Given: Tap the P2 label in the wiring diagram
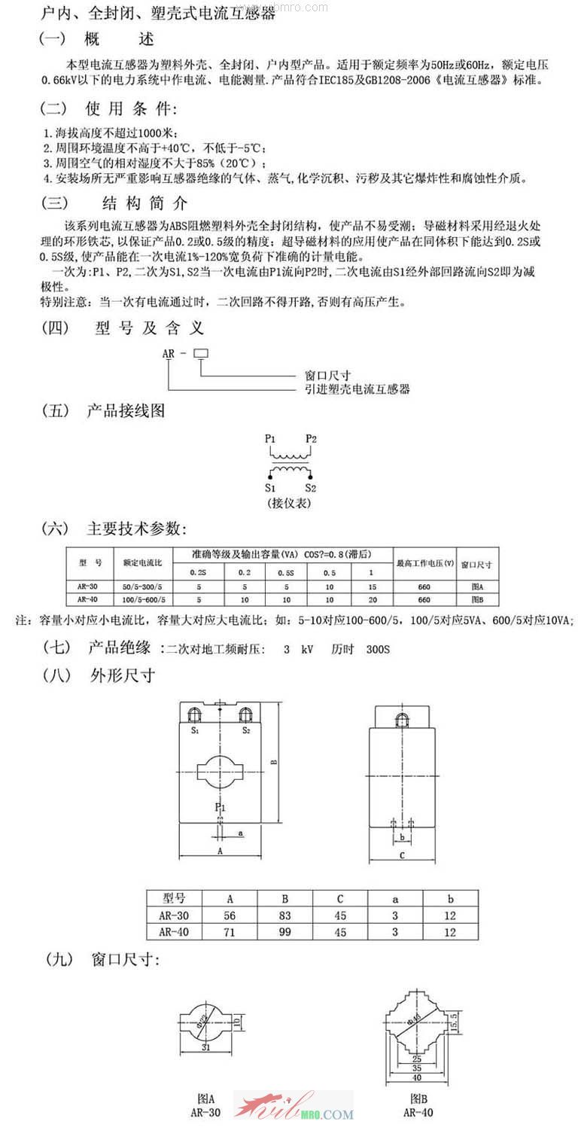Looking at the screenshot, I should [312, 439].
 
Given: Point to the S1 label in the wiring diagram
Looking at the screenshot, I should [269, 489].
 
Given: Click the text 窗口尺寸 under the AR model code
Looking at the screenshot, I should [327, 375].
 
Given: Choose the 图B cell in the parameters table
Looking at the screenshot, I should [476, 600].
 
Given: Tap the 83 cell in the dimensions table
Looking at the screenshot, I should [285, 915].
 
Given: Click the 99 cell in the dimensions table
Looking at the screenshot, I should [285, 932].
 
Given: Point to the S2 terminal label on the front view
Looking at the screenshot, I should [245, 730].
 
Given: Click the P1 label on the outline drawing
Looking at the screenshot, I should [220, 807].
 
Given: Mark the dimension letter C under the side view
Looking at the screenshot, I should [403, 856].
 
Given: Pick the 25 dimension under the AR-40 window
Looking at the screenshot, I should [418, 1058].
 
